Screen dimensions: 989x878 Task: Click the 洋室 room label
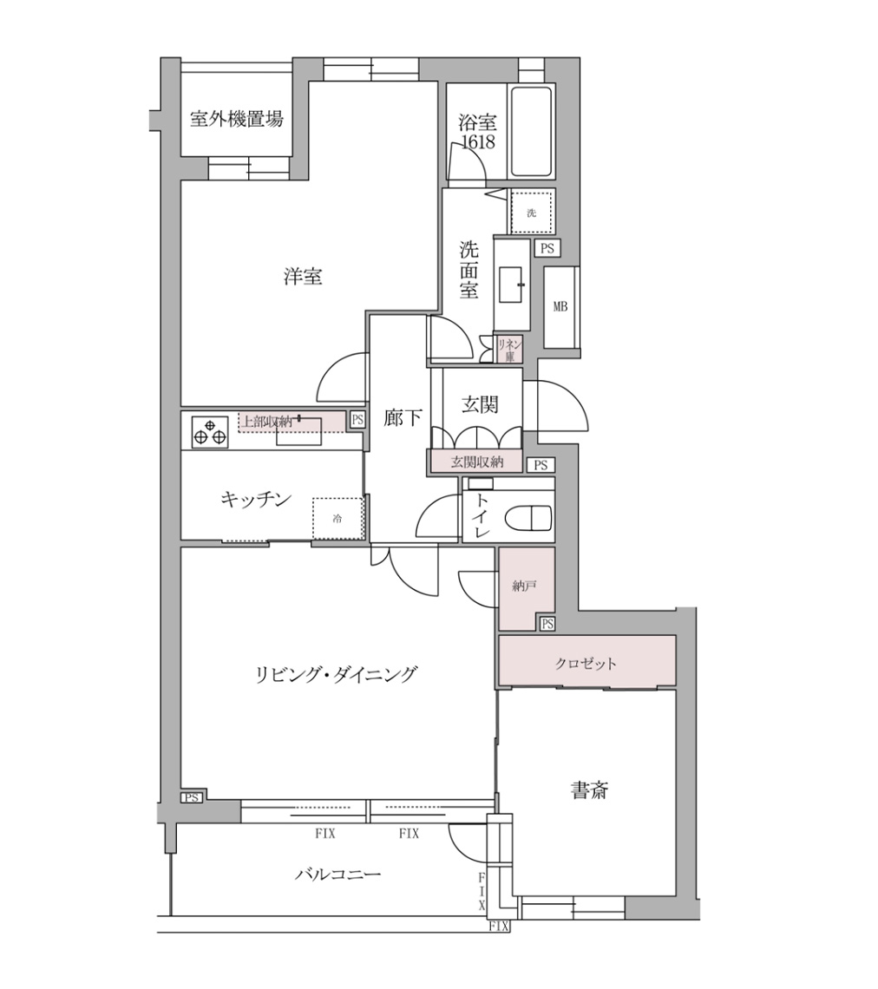pyautogui.click(x=303, y=277)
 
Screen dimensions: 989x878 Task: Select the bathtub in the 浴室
pyautogui.click(x=530, y=132)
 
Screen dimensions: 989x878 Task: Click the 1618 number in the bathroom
pyautogui.click(x=478, y=142)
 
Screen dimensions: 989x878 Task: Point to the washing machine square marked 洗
pyautogui.click(x=531, y=213)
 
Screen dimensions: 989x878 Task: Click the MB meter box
pyautogui.click(x=560, y=308)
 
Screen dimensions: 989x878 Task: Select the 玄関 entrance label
pyautogui.click(x=480, y=403)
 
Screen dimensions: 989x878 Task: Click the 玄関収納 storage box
pyautogui.click(x=476, y=462)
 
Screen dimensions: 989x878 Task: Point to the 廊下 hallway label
pyautogui.click(x=403, y=418)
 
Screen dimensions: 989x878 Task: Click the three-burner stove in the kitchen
pyautogui.click(x=208, y=431)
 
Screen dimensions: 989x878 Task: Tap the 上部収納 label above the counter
pyautogui.click(x=266, y=422)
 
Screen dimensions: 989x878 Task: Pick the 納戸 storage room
pyautogui.click(x=525, y=587)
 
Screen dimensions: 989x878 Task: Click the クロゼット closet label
pyautogui.click(x=586, y=664)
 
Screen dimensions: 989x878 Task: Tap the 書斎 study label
pyautogui.click(x=589, y=790)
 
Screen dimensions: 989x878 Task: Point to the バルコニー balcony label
pyautogui.click(x=337, y=874)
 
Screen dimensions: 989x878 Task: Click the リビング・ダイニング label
pyautogui.click(x=337, y=673)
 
